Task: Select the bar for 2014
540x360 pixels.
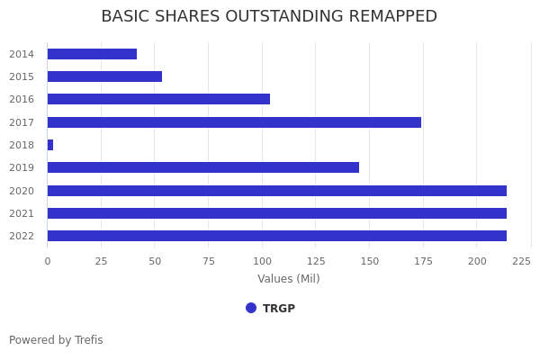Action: (x=92, y=54)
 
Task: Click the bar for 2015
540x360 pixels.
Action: (x=104, y=76)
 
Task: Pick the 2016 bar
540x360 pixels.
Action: (x=158, y=99)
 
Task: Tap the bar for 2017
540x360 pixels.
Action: (x=234, y=122)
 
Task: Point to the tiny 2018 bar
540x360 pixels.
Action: (x=50, y=145)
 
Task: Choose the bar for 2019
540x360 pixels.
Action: (x=203, y=167)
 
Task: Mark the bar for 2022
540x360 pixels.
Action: (x=277, y=236)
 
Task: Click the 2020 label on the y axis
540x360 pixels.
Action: (x=22, y=191)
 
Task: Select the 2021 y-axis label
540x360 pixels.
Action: (x=22, y=213)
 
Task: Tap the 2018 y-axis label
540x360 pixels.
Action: (x=22, y=145)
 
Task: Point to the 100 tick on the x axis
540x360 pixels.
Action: (x=262, y=261)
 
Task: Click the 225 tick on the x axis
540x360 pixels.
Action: (x=521, y=261)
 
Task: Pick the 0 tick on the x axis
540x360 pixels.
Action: (x=48, y=261)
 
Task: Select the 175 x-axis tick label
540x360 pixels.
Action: (x=423, y=261)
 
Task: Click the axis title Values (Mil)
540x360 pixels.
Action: (x=289, y=279)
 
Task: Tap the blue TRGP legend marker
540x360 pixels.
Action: (x=251, y=308)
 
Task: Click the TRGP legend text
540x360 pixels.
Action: (x=279, y=309)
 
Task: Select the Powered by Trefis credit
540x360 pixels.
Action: (x=56, y=340)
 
